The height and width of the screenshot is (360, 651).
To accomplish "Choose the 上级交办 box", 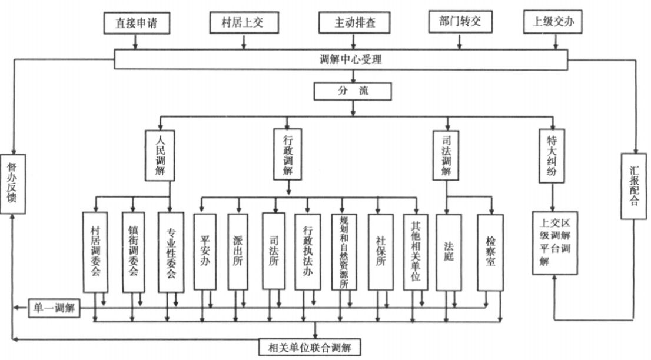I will pyautogui.click(x=553, y=22).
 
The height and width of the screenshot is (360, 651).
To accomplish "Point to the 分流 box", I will pyautogui.click(x=353, y=91).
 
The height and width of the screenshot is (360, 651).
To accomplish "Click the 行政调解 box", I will pyautogui.click(x=288, y=154).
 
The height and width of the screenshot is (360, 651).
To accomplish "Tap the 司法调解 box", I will pyautogui.click(x=446, y=155).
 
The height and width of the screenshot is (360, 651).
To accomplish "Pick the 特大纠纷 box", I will pyautogui.click(x=552, y=155).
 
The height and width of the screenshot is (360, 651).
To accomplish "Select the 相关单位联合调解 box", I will pyautogui.click(x=310, y=347).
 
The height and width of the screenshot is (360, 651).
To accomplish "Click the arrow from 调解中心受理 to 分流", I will pyautogui.click(x=353, y=75).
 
